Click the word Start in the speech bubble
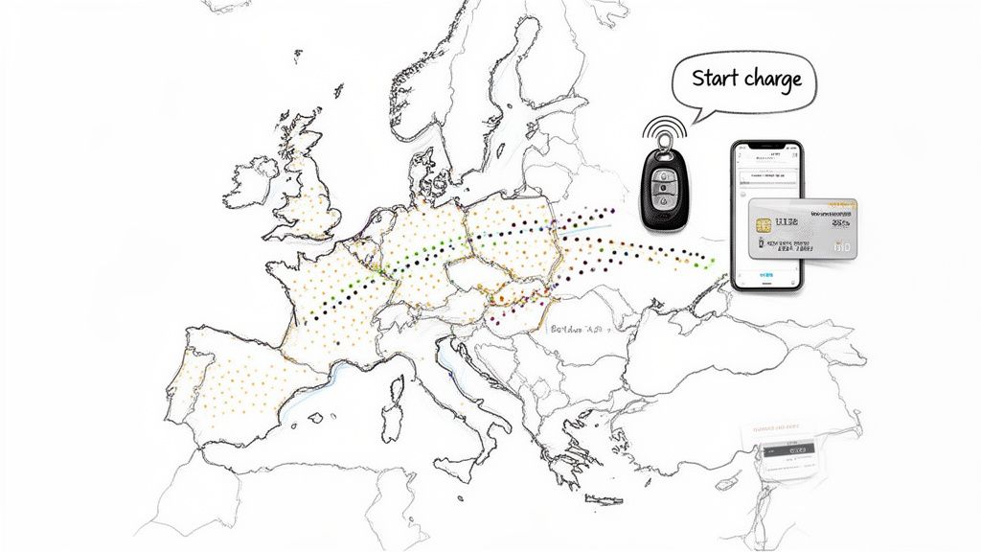714,78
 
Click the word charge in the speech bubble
772,79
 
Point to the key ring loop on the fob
661,144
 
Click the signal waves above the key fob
661,126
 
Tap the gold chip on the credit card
764,225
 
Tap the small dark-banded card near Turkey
786,448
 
